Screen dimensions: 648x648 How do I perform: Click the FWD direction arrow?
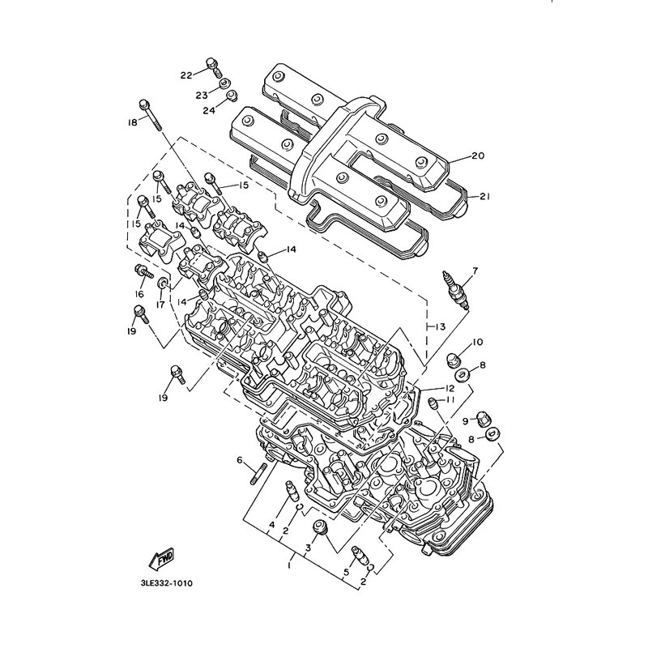(161, 558)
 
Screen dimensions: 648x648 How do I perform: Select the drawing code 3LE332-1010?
(167, 583)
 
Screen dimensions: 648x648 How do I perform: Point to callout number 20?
(478, 156)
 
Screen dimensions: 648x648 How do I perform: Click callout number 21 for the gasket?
(484, 197)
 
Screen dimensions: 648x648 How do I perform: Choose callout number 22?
(186, 75)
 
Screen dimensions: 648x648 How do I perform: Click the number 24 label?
(209, 110)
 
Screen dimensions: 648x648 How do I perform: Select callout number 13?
(440, 327)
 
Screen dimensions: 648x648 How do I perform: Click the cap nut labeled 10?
(454, 359)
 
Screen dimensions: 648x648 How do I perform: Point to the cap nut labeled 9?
(483, 419)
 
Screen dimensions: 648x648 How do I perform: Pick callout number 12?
(450, 389)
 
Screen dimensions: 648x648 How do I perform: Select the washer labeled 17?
(164, 283)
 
